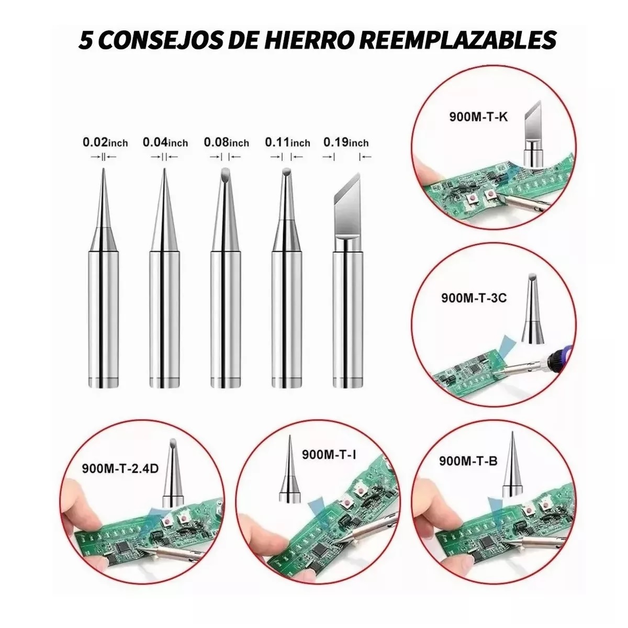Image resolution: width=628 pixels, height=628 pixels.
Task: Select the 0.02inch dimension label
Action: [105, 142]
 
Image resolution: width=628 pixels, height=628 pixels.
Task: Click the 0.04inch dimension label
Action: [165, 142]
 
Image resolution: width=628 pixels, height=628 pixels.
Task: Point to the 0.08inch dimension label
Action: [226, 142]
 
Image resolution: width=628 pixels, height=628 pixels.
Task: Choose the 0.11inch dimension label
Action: [287, 142]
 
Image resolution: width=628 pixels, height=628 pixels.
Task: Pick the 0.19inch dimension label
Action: [346, 142]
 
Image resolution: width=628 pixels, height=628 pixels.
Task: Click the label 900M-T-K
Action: [478, 117]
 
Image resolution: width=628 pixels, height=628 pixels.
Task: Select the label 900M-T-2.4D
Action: [120, 468]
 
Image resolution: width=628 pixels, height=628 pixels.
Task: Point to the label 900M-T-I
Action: [329, 455]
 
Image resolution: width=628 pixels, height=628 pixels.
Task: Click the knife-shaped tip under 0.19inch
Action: [346, 209]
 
